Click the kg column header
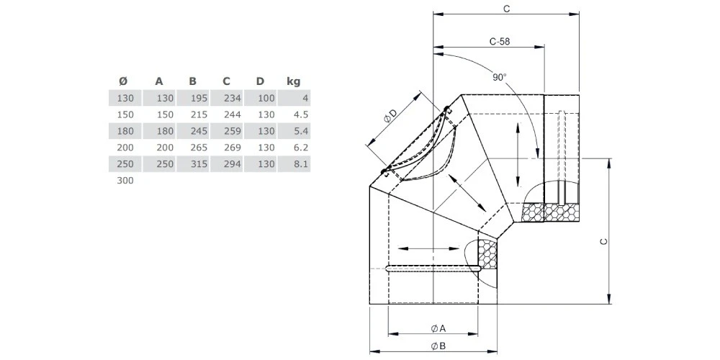(293, 81)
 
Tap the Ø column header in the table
(123, 81)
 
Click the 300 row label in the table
(125, 181)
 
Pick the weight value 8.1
(301, 164)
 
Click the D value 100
(265, 98)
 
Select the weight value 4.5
(301, 114)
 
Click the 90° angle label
(500, 77)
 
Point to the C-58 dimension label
(499, 42)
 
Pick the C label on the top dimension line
(506, 9)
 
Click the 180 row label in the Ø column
(125, 131)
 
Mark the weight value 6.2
(301, 148)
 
